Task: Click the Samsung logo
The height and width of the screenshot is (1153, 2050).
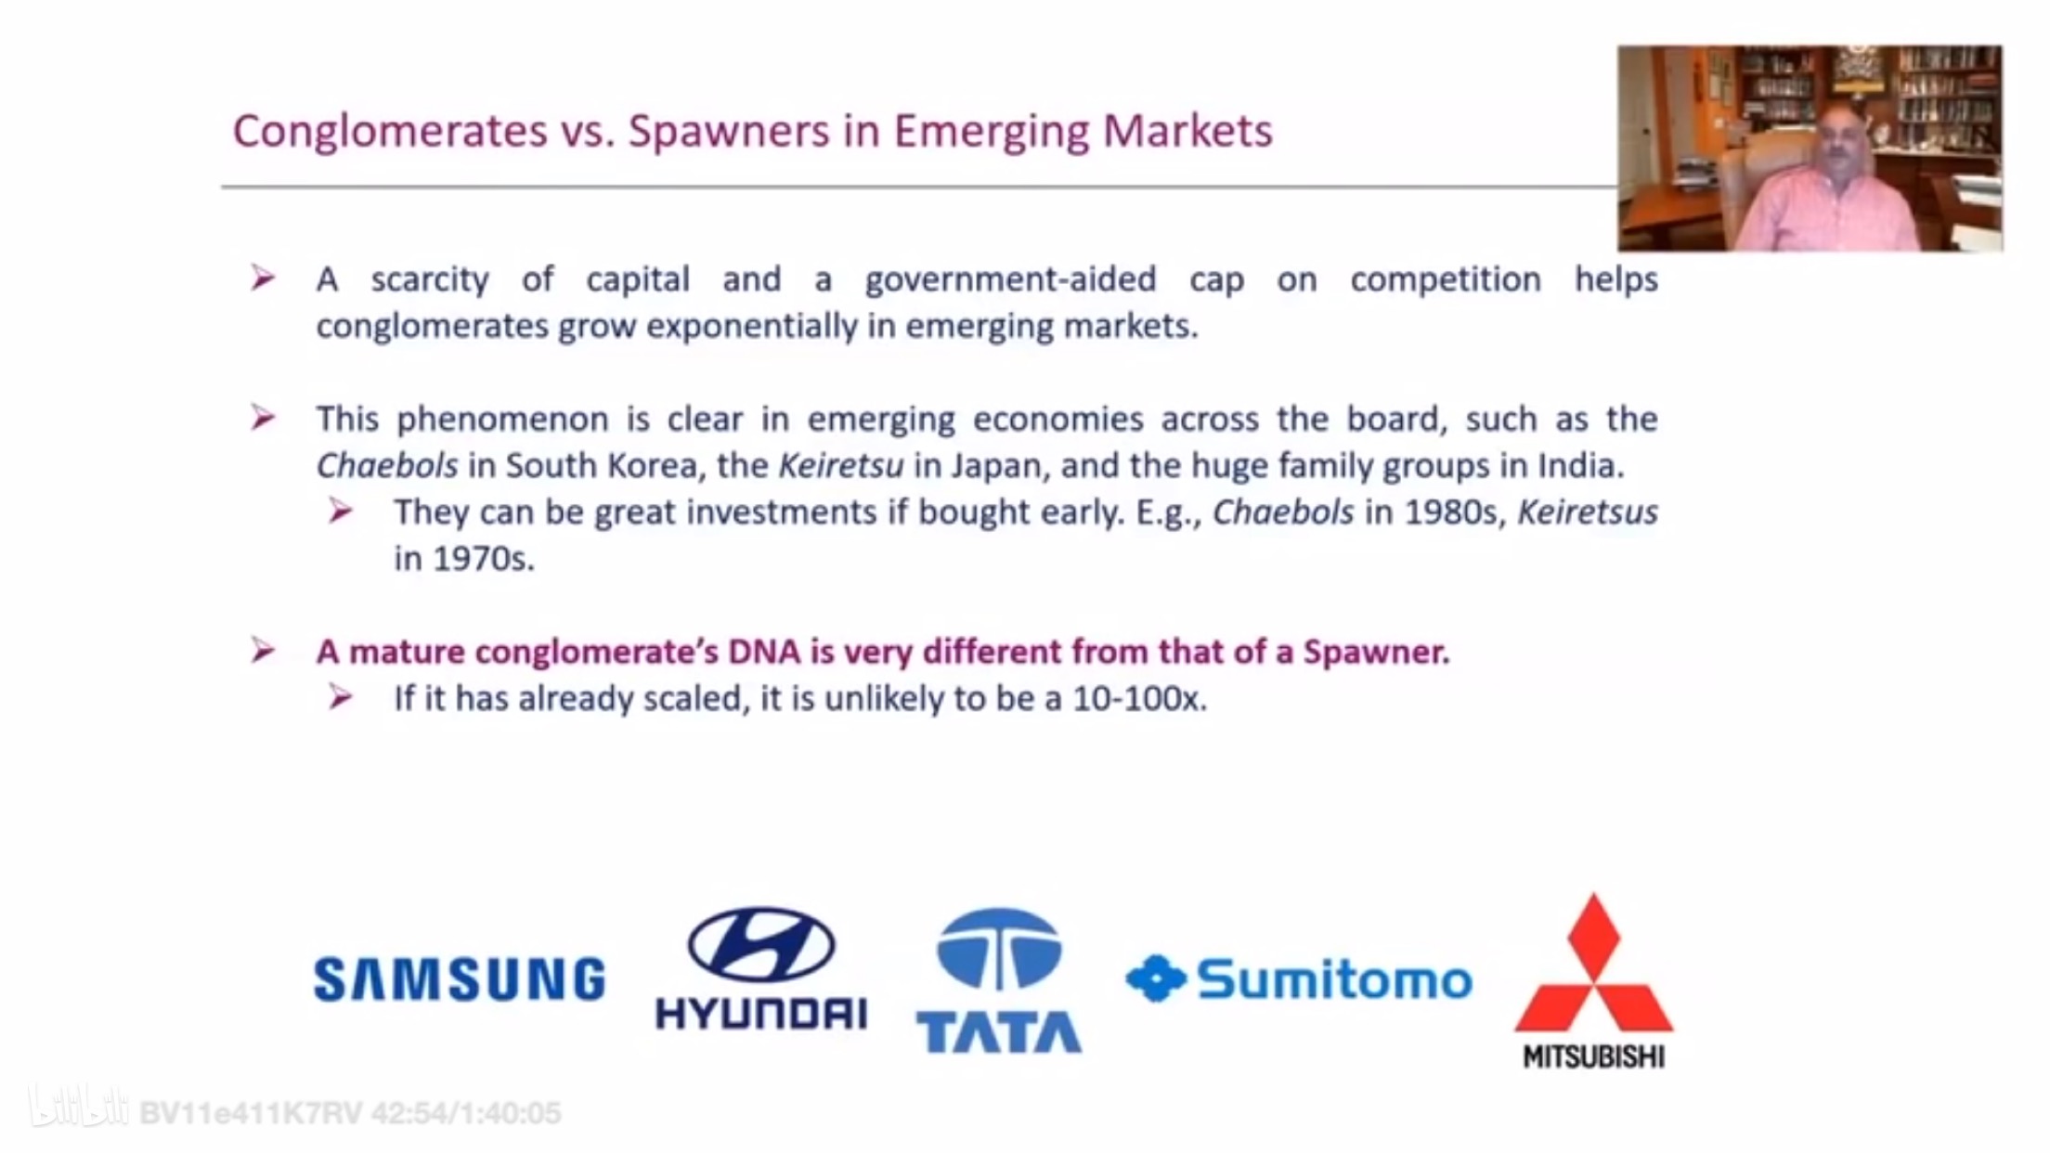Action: coord(460,979)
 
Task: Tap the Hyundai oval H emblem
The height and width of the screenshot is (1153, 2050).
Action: coord(761,945)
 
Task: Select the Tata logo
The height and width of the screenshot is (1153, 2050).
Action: coord(999,980)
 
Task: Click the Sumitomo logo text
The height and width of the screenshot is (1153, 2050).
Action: coord(1335,979)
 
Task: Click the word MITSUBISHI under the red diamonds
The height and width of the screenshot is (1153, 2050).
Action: coord(1594,1057)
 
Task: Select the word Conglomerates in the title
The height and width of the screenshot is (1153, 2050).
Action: coord(390,132)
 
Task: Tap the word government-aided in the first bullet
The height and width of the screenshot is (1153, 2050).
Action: coord(1010,279)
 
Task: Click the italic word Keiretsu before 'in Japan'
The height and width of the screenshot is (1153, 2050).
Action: coord(840,465)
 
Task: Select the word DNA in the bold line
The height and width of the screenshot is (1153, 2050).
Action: coord(764,652)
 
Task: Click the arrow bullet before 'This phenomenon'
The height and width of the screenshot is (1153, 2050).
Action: coord(263,418)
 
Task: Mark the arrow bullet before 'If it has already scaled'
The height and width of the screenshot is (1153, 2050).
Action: coord(341,697)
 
